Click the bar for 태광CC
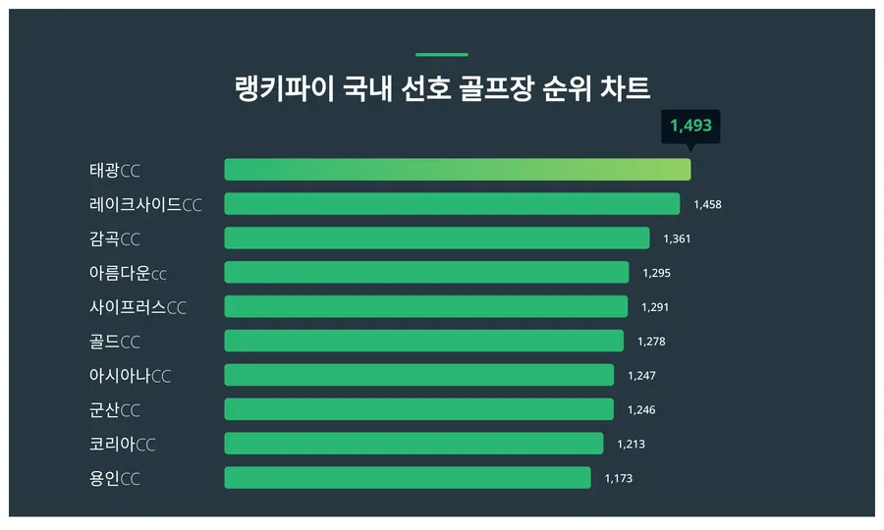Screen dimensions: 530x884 point(457,170)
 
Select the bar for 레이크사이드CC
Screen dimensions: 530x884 point(452,204)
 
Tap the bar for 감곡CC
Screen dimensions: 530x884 point(437,238)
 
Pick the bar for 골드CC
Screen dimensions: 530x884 point(423,341)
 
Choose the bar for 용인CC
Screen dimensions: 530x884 point(408,478)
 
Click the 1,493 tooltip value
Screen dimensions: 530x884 point(691,126)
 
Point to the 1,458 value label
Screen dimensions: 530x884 point(707,204)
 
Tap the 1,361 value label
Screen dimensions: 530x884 point(677,238)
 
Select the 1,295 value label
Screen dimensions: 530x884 point(656,273)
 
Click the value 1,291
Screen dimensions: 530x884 point(655,307)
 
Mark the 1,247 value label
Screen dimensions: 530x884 point(641,376)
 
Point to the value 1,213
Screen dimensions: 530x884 point(631,444)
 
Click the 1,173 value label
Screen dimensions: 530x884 point(618,478)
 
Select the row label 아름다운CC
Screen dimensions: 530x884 point(128,273)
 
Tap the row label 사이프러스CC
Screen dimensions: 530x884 point(138,307)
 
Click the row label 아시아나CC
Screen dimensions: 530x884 point(130,376)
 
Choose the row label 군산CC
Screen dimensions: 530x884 point(114,410)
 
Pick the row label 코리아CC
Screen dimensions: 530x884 point(122,444)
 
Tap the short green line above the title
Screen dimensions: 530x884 point(442,55)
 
